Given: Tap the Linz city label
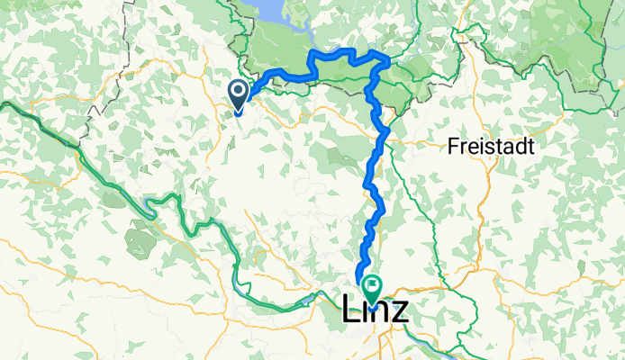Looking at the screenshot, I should tap(375, 310).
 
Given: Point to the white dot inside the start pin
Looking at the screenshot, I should tap(239, 91).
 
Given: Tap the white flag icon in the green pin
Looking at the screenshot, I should tap(372, 285).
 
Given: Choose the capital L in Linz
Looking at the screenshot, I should tap(350, 311).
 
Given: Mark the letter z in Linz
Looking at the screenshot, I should tap(399, 312).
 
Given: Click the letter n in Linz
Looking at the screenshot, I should tap(380, 312).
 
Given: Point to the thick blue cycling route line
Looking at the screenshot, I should tap(372, 171).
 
